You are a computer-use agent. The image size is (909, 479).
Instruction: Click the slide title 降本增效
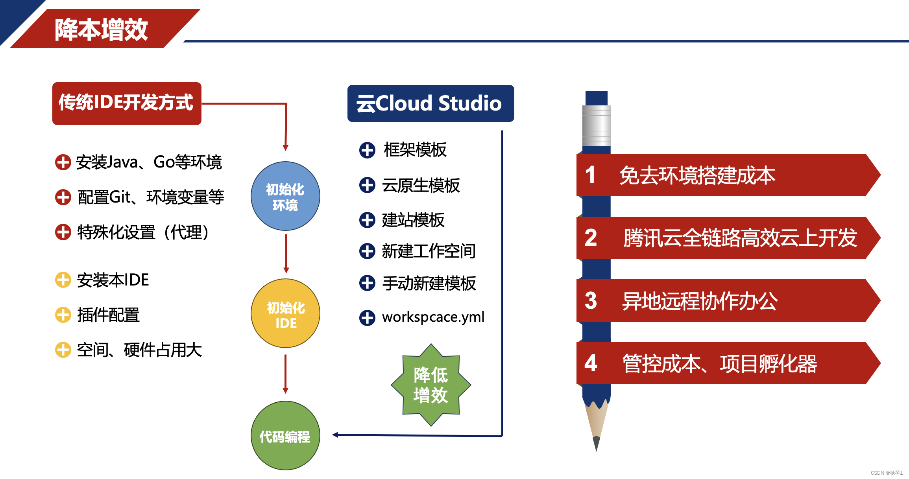point(101,29)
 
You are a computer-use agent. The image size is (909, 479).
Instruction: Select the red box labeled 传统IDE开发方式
point(126,103)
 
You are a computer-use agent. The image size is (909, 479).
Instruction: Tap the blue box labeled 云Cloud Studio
point(430,103)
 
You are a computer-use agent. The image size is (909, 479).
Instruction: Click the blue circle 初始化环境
point(285,196)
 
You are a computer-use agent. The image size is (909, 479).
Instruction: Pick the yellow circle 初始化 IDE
point(285,314)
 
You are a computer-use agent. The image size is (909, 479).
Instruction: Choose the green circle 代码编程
point(285,436)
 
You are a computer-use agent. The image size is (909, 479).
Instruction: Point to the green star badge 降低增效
point(431,385)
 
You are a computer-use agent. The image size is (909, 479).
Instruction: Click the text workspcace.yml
point(433,317)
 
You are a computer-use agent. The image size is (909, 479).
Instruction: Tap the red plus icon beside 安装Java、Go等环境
point(63,162)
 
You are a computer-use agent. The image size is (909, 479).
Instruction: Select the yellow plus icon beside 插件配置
point(63,315)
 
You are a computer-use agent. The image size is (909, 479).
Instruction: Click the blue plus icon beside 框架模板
point(367,150)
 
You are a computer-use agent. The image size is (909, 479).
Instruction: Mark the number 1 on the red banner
point(590,175)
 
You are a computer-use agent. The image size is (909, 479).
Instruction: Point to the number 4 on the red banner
point(591,363)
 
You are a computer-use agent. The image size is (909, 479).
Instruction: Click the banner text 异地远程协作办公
point(700,301)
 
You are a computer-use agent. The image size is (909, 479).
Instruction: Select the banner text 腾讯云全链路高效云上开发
point(740,238)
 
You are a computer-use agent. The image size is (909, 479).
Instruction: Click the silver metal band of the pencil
point(597,126)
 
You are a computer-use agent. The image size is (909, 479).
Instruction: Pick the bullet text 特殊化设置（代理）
point(143,232)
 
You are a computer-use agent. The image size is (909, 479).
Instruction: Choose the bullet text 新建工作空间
point(429,251)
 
